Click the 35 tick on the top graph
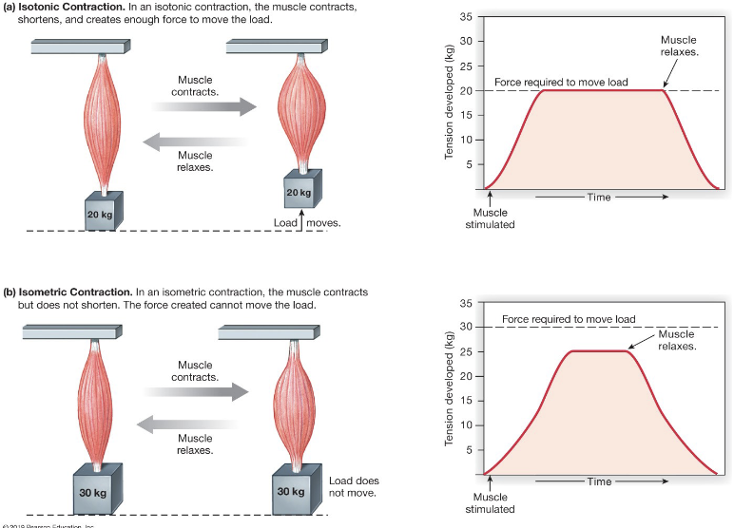465,17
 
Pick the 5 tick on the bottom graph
468,449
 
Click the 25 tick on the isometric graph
465,351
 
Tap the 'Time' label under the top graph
599,198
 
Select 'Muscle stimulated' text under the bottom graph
491,503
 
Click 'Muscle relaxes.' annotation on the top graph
679,46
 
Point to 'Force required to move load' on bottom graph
569,319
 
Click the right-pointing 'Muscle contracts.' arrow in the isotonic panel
204,106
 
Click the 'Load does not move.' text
354,487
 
